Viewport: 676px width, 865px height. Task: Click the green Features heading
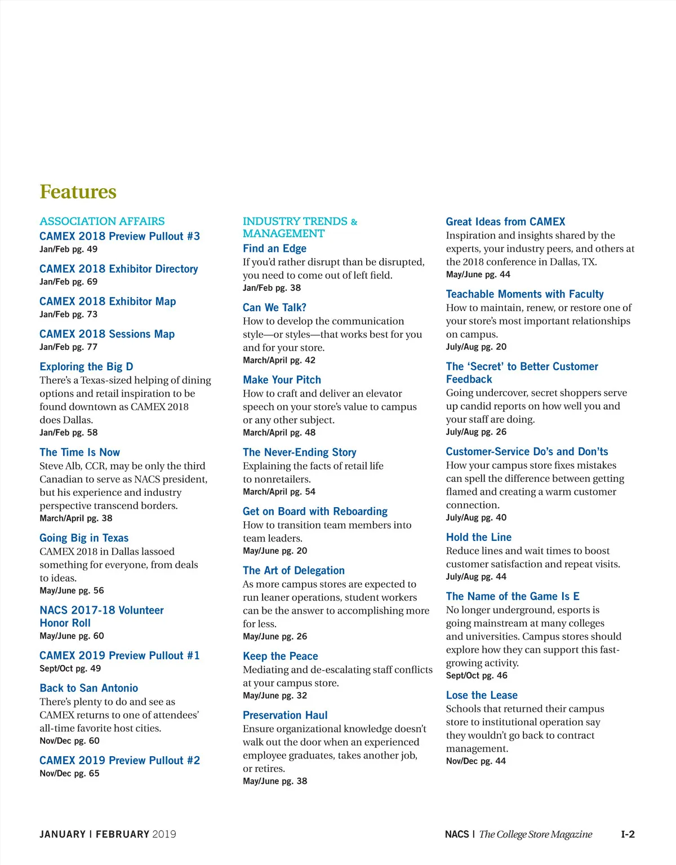[x=78, y=192]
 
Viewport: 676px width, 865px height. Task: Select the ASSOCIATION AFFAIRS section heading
[x=102, y=221]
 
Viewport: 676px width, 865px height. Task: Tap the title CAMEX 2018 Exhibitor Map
[x=108, y=301]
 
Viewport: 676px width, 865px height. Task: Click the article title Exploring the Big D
[x=86, y=367]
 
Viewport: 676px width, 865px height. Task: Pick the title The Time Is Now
[x=79, y=453]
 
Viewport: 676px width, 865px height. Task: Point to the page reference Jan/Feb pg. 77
[x=68, y=347]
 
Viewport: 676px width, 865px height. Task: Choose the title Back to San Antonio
[x=88, y=688]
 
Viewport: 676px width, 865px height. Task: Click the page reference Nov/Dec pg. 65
[x=69, y=774]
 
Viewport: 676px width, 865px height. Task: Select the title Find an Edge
[x=274, y=249]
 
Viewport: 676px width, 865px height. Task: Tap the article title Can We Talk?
[x=274, y=308]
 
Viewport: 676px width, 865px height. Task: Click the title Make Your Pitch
[x=282, y=380]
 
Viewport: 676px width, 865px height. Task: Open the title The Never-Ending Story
[x=299, y=453]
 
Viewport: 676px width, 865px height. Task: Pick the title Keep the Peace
[x=280, y=656]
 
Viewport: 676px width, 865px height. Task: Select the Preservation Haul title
[x=285, y=715]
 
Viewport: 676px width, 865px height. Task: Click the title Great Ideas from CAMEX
[x=505, y=222]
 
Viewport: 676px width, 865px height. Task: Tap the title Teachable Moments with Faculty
[x=524, y=294]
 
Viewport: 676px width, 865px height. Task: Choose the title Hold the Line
[x=478, y=538]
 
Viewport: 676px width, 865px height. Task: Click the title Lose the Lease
[x=481, y=695]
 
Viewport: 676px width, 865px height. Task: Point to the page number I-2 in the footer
[x=628, y=835]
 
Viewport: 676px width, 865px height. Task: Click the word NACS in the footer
[x=456, y=835]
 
